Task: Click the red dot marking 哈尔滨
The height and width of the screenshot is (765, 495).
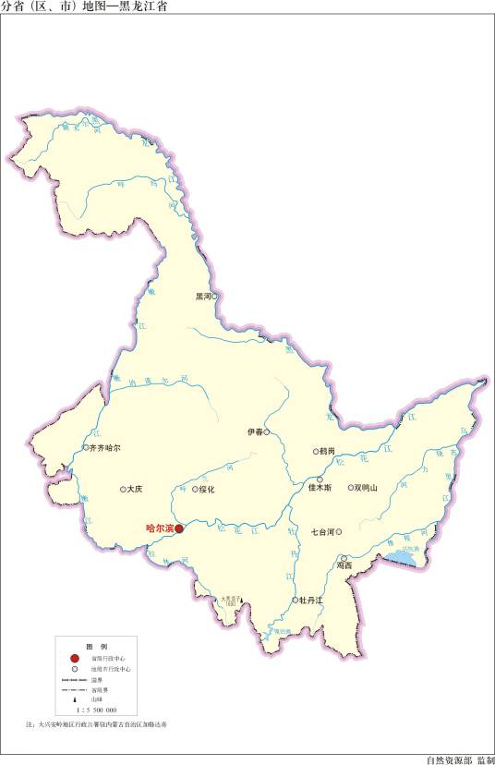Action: pyautogui.click(x=179, y=529)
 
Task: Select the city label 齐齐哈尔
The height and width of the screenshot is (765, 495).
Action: pyautogui.click(x=104, y=447)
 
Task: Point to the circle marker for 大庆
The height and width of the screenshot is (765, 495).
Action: pyautogui.click(x=123, y=489)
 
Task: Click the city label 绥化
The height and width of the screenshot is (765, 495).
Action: pyautogui.click(x=205, y=489)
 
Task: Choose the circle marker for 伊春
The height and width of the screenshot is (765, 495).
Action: pyautogui.click(x=267, y=431)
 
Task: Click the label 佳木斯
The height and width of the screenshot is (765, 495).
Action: pyautogui.click(x=320, y=488)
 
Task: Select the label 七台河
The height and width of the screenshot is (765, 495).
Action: pyautogui.click(x=322, y=531)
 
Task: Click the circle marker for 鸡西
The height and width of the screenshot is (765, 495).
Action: pyautogui.click(x=343, y=559)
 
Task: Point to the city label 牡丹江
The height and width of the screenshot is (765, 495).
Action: pyautogui.click(x=311, y=600)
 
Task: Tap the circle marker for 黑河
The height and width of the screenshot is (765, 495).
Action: pyautogui.click(x=214, y=297)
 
